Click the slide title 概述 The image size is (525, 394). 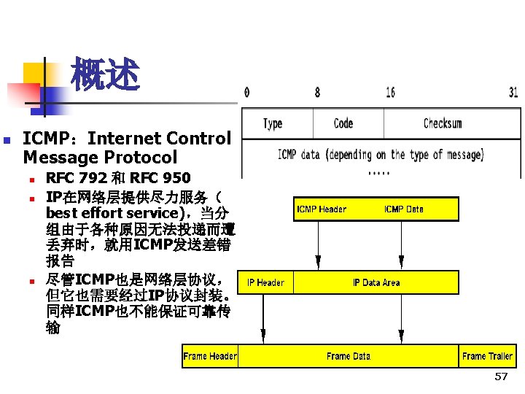pyautogui.click(x=104, y=75)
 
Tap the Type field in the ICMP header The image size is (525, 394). pyautogui.click(x=273, y=123)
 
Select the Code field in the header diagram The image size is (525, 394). pyautogui.click(x=343, y=123)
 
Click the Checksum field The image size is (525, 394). pyautogui.click(x=443, y=123)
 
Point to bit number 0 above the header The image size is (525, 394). pyautogui.click(x=246, y=93)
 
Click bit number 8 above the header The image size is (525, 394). pyautogui.click(x=317, y=93)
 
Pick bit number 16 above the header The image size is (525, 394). pyautogui.click(x=391, y=93)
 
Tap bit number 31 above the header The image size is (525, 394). pyautogui.click(x=513, y=93)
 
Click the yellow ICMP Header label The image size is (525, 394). pyautogui.click(x=321, y=209)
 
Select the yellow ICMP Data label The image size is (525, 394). pyautogui.click(x=403, y=209)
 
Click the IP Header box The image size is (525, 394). pyautogui.click(x=265, y=282)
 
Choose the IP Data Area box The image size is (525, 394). pyautogui.click(x=376, y=282)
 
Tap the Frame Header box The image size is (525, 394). pyautogui.click(x=210, y=356)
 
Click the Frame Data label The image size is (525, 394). pyautogui.click(x=348, y=356)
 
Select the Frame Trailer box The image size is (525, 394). pyautogui.click(x=487, y=356)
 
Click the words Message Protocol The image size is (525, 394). pyautogui.click(x=100, y=157)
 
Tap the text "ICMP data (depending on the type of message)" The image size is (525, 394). pyautogui.click(x=380, y=155)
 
